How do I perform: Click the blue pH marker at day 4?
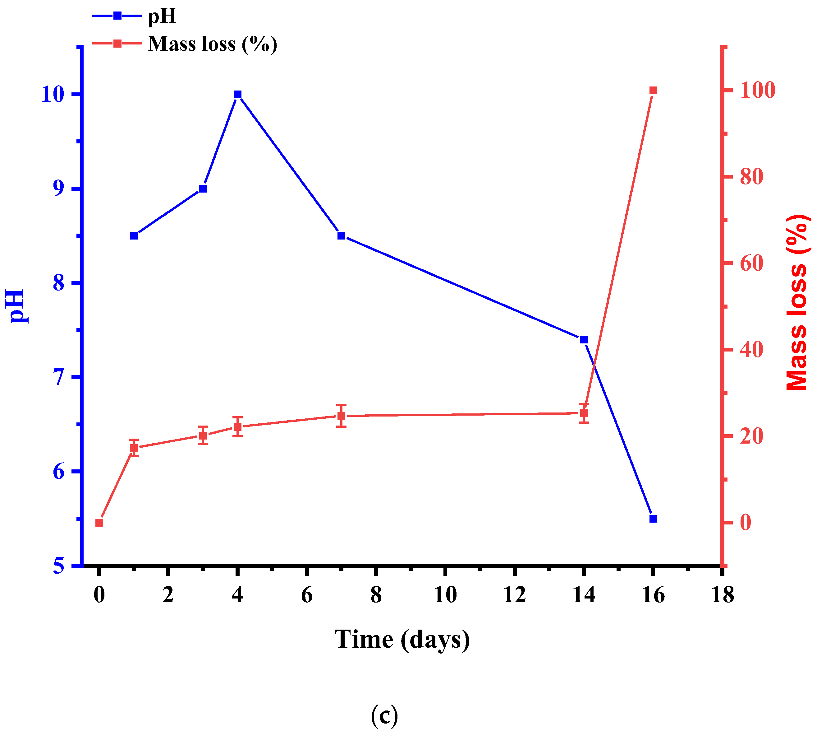pyautogui.click(x=238, y=95)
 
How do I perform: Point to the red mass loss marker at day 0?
pyautogui.click(x=99, y=523)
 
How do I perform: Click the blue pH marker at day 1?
pyautogui.click(x=134, y=236)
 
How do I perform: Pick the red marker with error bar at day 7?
pyautogui.click(x=342, y=416)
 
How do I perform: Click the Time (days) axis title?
pyautogui.click(x=402, y=640)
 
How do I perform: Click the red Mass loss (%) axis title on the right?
pyautogui.click(x=798, y=303)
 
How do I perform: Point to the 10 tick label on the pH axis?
pyautogui.click(x=53, y=95)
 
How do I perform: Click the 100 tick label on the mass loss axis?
pyautogui.click(x=758, y=90)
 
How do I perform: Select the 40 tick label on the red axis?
pyautogui.click(x=752, y=350)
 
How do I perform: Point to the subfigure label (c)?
pyautogui.click(x=384, y=716)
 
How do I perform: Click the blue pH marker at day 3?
pyautogui.click(x=203, y=189)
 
